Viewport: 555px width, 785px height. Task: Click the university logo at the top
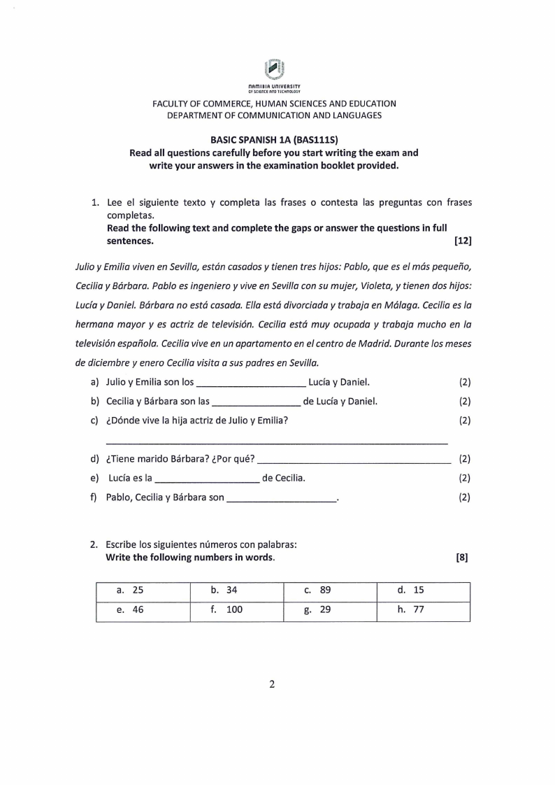click(x=275, y=70)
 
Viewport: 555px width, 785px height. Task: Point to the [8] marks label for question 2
click(x=461, y=558)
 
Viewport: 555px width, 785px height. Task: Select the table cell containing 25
click(x=143, y=590)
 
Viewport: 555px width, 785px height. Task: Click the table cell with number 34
click(x=237, y=590)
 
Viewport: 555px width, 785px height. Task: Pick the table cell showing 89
click(x=331, y=590)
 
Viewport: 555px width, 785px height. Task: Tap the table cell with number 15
click(x=424, y=590)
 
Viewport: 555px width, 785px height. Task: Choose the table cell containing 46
click(x=143, y=609)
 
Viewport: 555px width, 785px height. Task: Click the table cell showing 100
click(x=237, y=609)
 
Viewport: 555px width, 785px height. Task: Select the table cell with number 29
click(x=331, y=609)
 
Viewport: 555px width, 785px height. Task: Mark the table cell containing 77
click(x=424, y=609)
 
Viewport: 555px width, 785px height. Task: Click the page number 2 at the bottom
click(x=273, y=684)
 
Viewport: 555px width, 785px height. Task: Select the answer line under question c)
click(x=276, y=442)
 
